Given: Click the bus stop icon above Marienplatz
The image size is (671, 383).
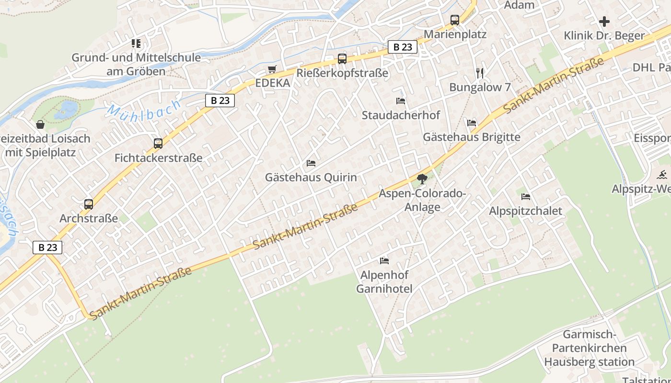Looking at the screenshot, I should [455, 20].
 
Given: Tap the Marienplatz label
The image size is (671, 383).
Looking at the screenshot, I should [455, 34].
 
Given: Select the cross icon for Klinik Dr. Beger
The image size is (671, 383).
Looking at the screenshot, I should [604, 22].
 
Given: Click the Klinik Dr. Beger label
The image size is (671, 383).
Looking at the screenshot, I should [604, 35].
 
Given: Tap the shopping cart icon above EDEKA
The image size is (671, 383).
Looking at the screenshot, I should [272, 69].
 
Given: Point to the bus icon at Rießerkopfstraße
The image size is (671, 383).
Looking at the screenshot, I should [342, 59].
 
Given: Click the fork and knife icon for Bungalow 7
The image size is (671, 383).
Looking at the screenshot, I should [480, 73].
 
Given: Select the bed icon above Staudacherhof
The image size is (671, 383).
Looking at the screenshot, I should [401, 101].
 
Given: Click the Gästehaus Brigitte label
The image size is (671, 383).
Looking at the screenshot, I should [471, 137].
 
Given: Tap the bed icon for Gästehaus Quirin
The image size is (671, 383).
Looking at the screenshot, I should [311, 163].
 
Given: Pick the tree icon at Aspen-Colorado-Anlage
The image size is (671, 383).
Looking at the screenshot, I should [422, 180].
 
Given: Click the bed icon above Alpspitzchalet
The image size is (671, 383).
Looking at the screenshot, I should [526, 197].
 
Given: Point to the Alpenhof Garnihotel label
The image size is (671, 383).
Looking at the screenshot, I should [384, 282].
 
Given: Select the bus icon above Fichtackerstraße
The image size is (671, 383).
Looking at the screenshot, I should [158, 143].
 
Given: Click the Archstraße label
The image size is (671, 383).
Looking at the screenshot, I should [89, 219].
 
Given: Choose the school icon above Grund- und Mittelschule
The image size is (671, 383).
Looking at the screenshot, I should [136, 44].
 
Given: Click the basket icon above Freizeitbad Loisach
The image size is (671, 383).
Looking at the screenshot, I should [40, 124].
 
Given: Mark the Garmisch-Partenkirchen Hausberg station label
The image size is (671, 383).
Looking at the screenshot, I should [589, 348].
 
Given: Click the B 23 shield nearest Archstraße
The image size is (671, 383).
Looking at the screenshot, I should [47, 248].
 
